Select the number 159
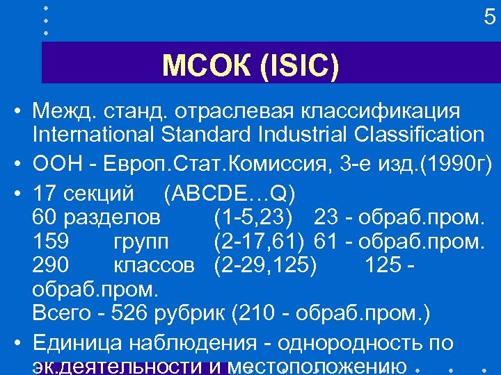[50, 242]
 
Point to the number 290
[50, 265]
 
